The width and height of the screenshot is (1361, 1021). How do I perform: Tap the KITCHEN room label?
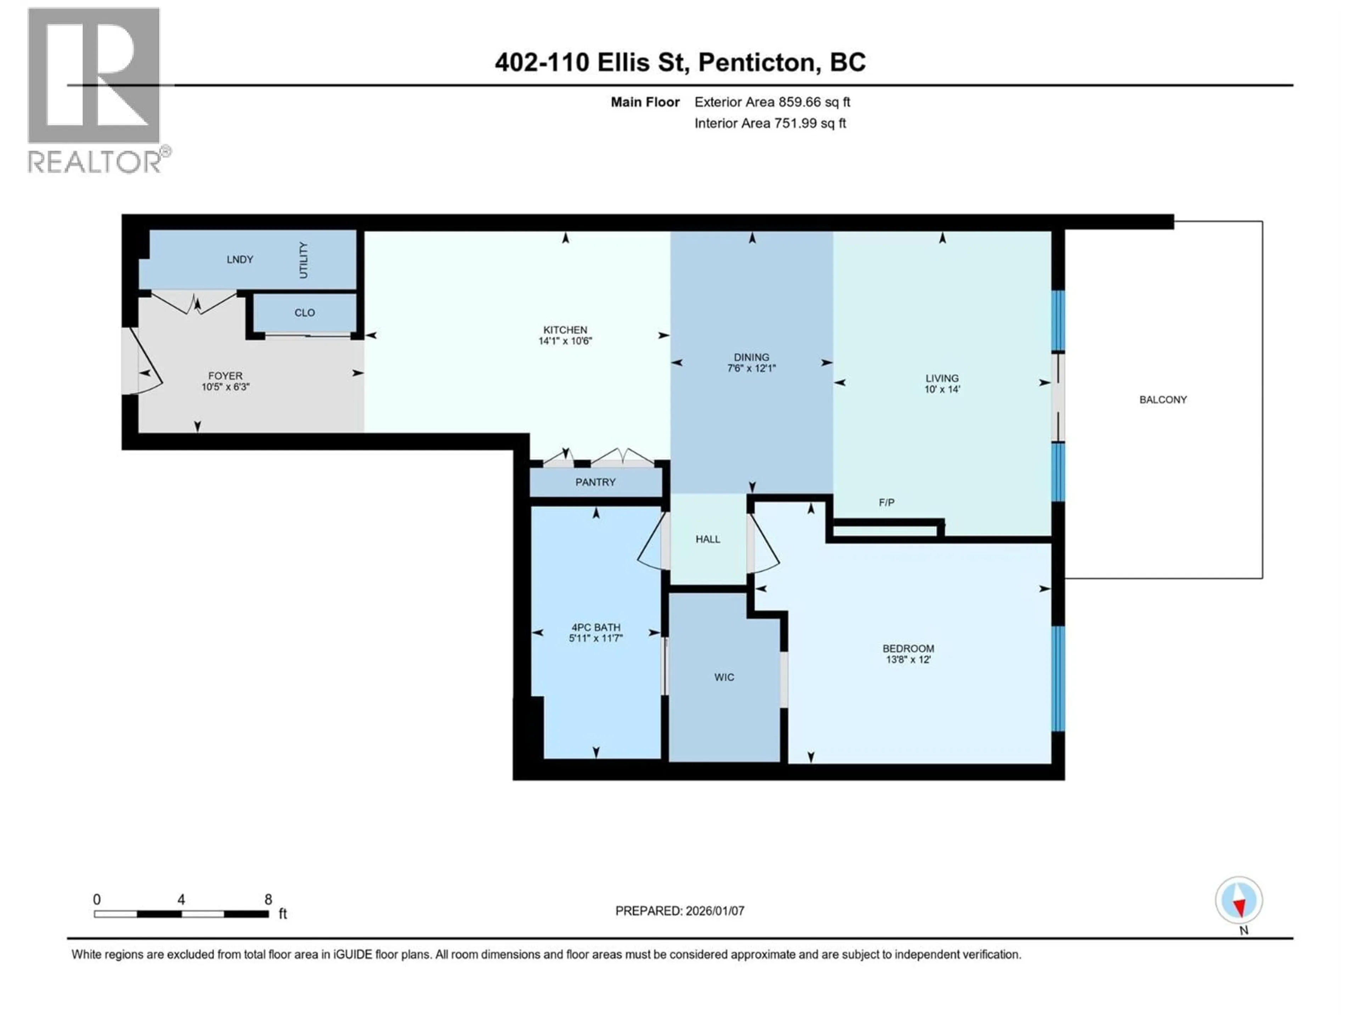coord(565,330)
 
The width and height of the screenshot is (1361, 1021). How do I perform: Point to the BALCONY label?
coord(1163,400)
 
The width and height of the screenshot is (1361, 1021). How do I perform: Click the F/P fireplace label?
coord(886,503)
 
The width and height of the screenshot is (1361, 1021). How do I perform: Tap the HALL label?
coord(707,539)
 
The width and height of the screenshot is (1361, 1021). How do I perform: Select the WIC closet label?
coord(724,677)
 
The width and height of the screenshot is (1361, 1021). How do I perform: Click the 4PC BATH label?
coord(595,627)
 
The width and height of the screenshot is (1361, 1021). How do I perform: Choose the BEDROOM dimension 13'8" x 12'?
coord(908,659)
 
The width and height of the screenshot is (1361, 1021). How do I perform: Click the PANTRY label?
coord(595,482)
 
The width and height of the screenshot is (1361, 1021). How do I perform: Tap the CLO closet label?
coord(304,313)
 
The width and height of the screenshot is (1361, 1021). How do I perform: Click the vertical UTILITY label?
coord(303,260)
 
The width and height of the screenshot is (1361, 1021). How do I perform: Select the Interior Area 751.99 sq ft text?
coord(770,123)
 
